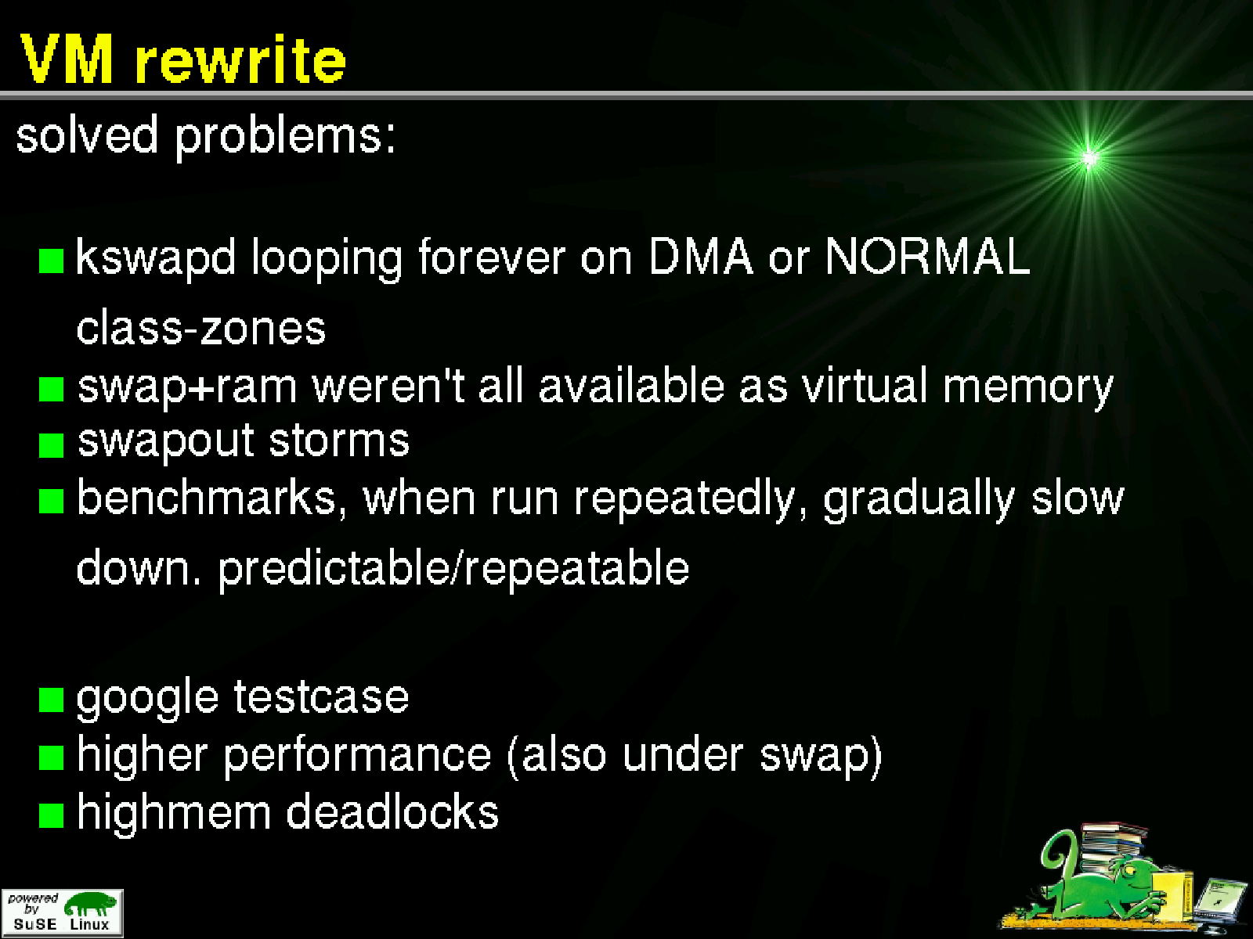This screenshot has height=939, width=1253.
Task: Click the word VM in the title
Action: coord(67,59)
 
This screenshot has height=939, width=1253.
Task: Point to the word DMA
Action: coord(701,257)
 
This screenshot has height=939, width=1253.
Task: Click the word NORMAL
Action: coord(928,257)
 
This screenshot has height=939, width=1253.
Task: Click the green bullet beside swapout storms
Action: coord(52,445)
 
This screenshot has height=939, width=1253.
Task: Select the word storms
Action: coord(339,440)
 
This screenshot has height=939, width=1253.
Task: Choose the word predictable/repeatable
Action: coord(453,569)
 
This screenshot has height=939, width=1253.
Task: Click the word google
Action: coord(147,700)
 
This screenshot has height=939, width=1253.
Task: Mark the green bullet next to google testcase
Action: coord(52,700)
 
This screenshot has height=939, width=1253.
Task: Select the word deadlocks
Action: coord(392,811)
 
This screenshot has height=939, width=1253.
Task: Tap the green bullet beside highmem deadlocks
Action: coord(52,815)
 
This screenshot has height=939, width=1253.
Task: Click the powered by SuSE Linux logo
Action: coord(62,912)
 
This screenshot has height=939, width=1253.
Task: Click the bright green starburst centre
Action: coord(1089,158)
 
